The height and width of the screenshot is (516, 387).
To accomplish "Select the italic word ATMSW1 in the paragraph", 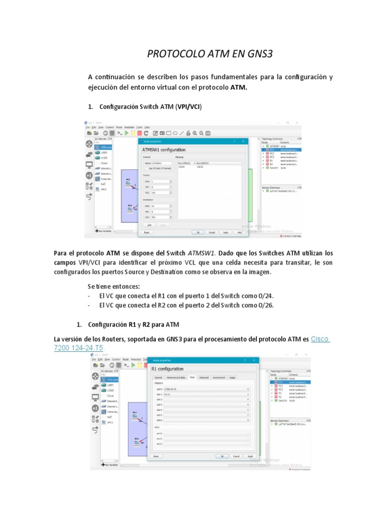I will click(202, 252).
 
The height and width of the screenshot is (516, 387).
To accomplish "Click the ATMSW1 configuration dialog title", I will click(164, 150).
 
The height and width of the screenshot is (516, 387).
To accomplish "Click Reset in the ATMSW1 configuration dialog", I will click(147, 232).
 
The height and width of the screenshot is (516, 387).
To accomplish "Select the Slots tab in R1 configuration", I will click(192, 377).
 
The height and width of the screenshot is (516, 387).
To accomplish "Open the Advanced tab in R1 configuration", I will click(204, 377).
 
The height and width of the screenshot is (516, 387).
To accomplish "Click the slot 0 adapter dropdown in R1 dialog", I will click(207, 389).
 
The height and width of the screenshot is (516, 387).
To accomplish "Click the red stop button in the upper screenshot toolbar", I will click(140, 133).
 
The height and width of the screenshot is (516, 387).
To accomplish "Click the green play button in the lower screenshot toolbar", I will click(133, 365).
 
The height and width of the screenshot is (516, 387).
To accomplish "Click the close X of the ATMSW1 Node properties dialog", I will click(243, 142).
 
